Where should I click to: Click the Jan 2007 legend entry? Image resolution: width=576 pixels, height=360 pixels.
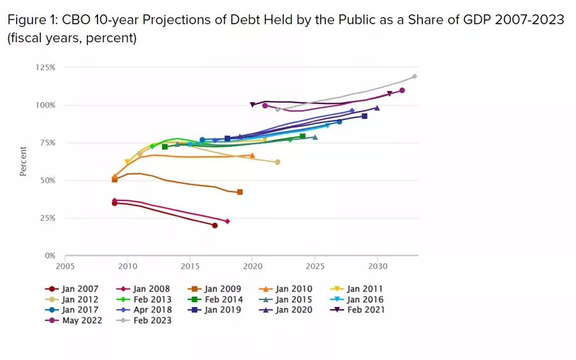point(73,289)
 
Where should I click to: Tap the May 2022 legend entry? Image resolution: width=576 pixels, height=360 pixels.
point(73,320)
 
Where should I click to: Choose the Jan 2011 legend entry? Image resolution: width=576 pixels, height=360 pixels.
point(358,289)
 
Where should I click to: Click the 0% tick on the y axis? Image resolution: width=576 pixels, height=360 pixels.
point(50,255)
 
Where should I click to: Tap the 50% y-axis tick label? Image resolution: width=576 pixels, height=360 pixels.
point(48,180)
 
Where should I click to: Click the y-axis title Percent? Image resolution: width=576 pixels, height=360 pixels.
point(23,161)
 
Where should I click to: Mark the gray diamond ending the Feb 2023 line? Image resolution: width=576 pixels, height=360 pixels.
point(415,77)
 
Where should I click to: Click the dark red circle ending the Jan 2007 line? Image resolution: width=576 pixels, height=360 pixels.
point(215,225)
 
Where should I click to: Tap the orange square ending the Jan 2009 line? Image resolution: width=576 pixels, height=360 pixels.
point(240,192)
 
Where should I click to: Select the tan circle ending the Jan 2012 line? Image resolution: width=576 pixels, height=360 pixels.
point(277,162)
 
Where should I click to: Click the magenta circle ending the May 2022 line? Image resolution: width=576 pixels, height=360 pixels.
point(402,91)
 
